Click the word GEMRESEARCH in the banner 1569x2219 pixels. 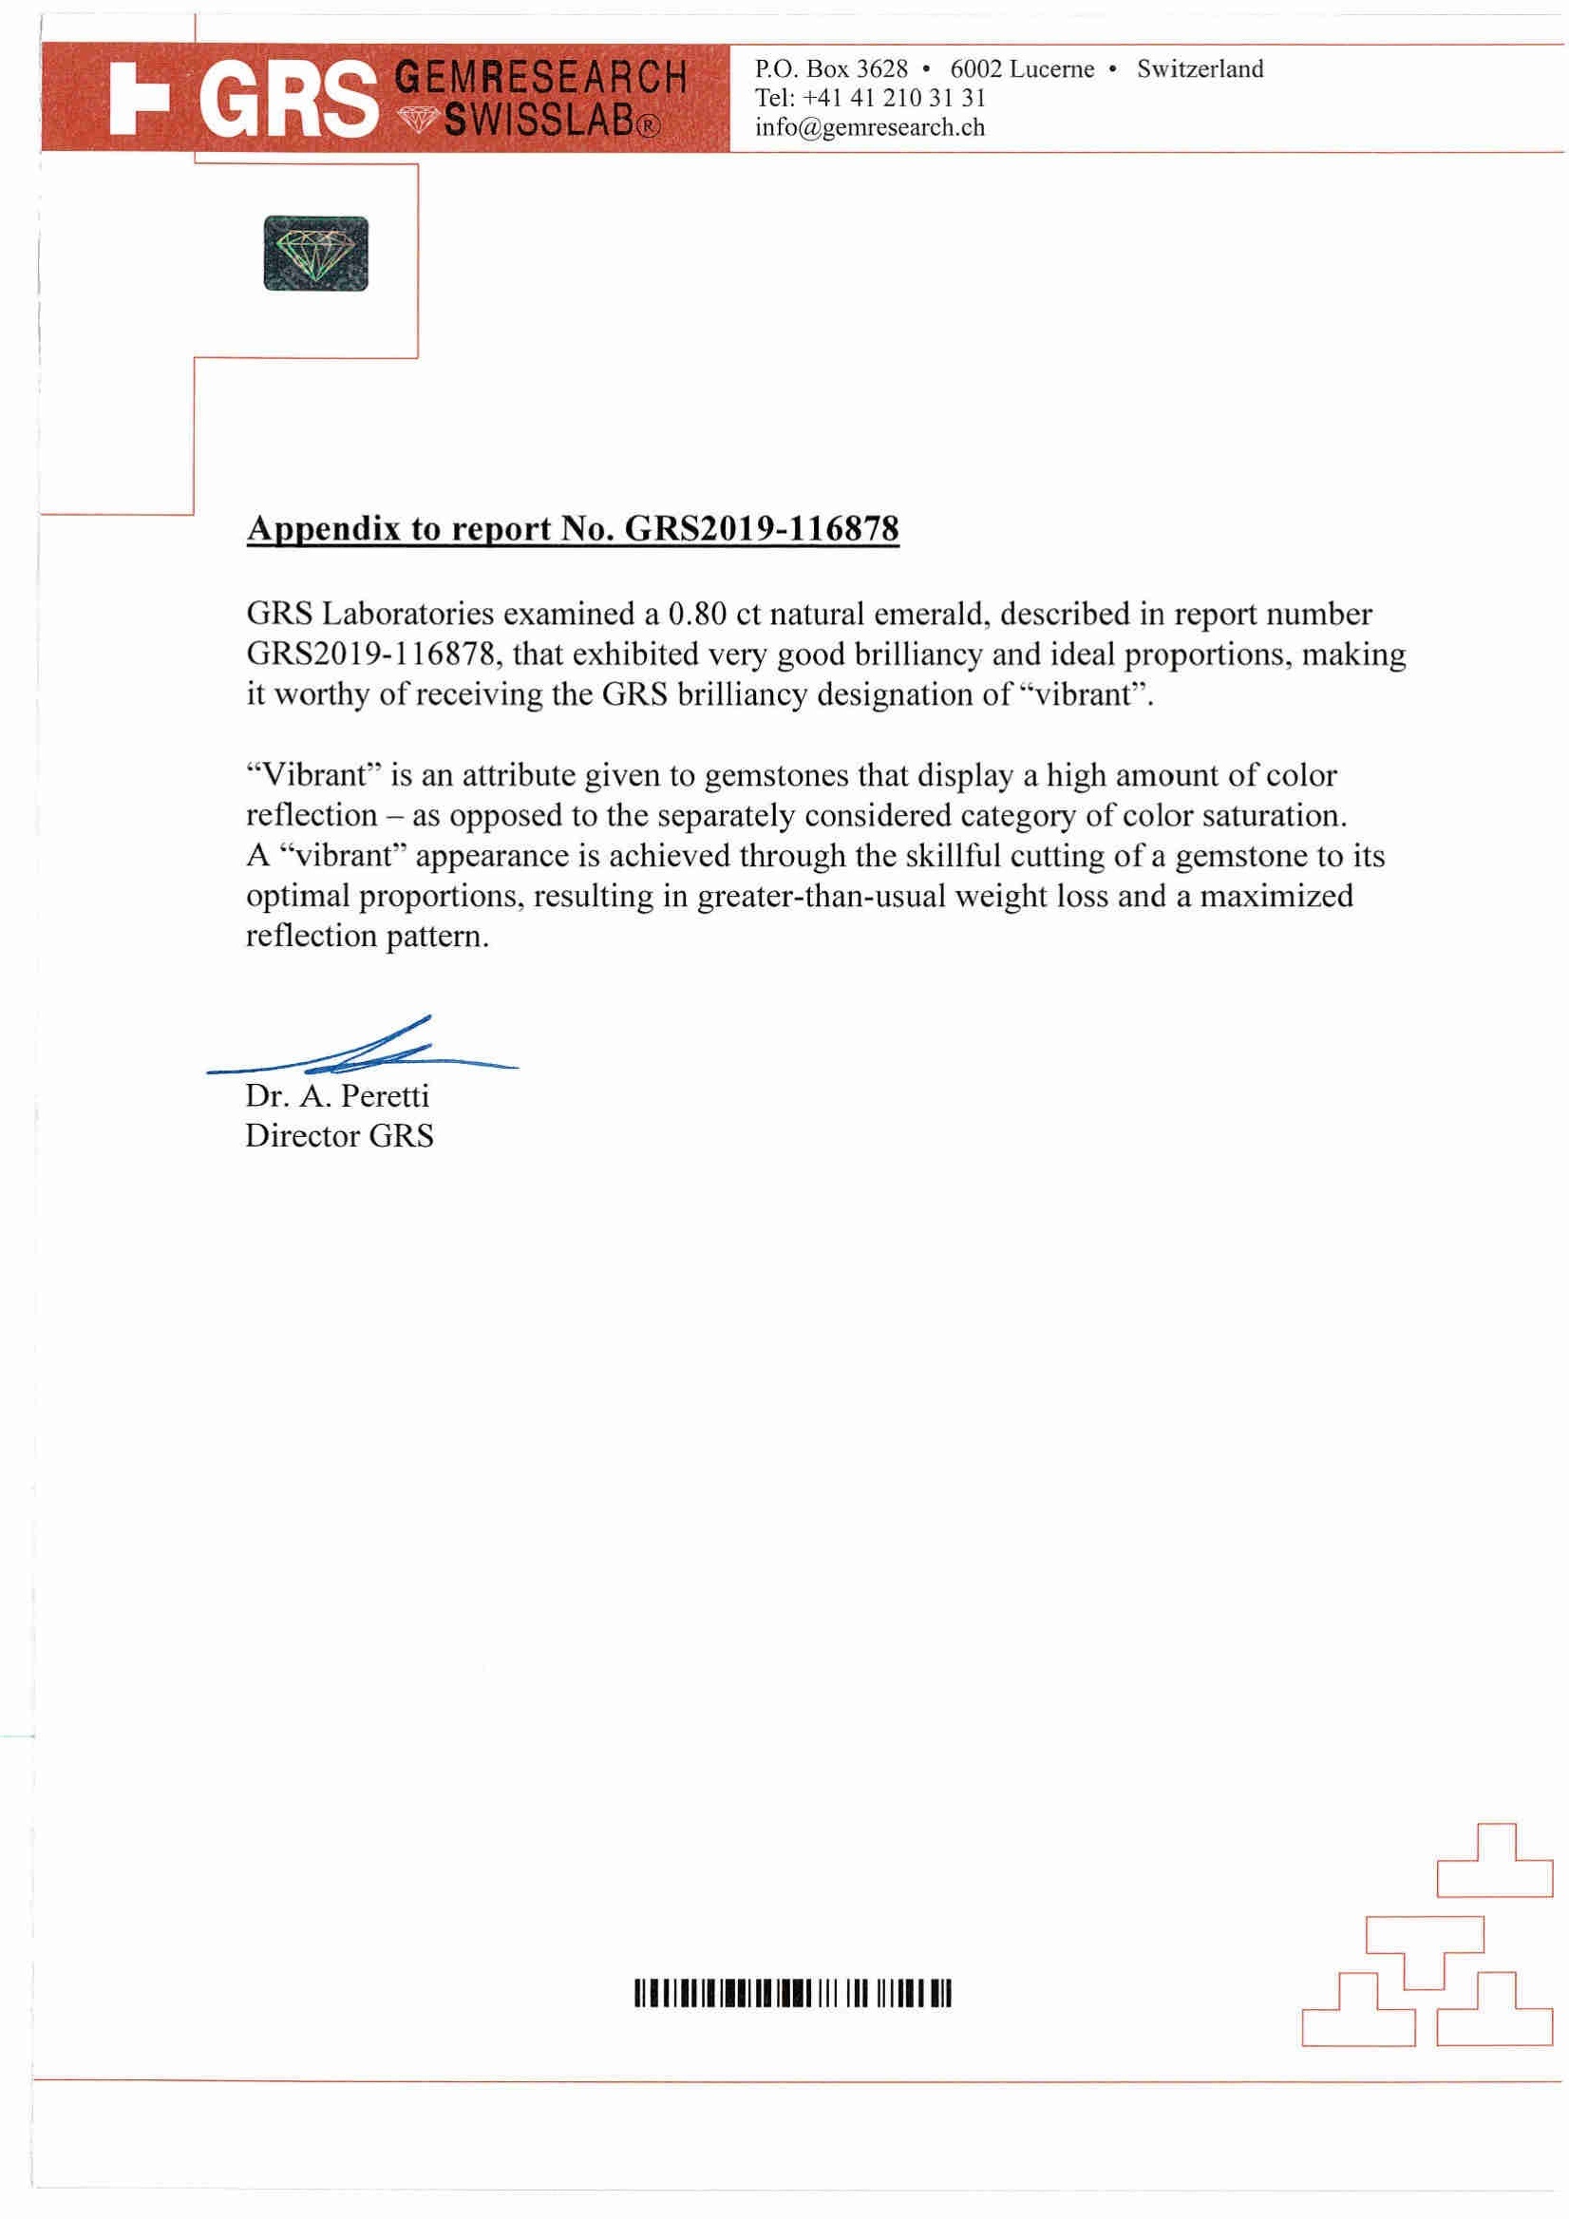[x=542, y=77]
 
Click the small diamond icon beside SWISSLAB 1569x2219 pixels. [x=418, y=120]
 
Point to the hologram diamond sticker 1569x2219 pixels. [x=316, y=254]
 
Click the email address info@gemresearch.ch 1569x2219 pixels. [x=870, y=127]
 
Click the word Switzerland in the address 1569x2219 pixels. [x=1200, y=68]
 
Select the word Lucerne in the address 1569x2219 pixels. [x=1052, y=68]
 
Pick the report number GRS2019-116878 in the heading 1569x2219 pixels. [x=763, y=529]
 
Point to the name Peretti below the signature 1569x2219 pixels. [x=385, y=1096]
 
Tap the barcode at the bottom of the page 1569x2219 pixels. [x=792, y=1994]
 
